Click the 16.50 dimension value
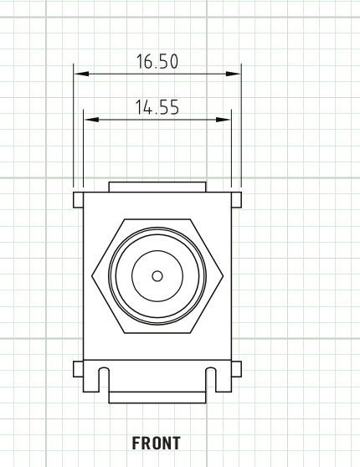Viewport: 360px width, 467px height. tap(157, 61)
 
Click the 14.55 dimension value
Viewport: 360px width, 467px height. tap(157, 107)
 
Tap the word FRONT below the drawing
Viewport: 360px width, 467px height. tap(157, 443)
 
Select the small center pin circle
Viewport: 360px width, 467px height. tap(157, 276)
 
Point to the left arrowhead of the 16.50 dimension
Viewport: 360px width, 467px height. tap(81, 74)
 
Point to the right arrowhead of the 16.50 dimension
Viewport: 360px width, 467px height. tap(234, 74)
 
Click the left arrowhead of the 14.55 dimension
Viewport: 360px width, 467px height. tap(91, 120)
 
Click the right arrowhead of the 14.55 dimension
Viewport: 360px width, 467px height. tap(224, 120)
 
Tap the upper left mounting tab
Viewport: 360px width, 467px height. tap(79, 200)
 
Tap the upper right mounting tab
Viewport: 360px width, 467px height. tap(236, 200)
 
